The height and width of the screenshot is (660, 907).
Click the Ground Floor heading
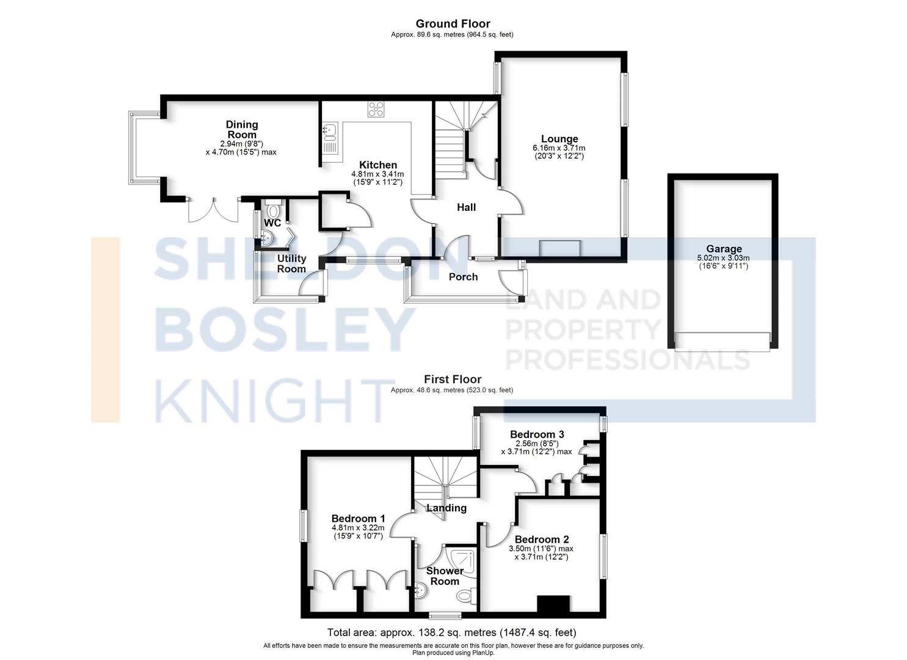tap(453, 24)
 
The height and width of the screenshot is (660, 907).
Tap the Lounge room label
tap(559, 139)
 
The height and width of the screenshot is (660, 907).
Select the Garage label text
tap(724, 249)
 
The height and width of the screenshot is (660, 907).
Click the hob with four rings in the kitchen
tap(376, 109)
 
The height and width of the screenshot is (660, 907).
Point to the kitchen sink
tap(330, 139)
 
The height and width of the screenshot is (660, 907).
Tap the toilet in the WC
tap(273, 208)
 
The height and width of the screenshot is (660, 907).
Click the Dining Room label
tap(242, 130)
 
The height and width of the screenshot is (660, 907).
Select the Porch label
tap(463, 277)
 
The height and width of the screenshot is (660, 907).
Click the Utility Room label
tap(291, 264)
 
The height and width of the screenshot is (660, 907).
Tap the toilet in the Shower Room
tap(466, 596)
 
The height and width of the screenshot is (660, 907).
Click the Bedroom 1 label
tap(358, 519)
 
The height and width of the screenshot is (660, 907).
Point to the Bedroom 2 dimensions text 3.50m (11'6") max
tap(541, 549)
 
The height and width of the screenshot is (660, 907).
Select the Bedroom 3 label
tap(537, 435)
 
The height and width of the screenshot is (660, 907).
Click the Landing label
tap(446, 508)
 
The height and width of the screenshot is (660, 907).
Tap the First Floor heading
tap(453, 380)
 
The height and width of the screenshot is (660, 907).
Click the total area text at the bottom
tap(451, 632)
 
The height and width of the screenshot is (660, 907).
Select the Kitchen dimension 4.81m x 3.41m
tap(377, 174)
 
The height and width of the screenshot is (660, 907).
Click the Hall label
tap(466, 207)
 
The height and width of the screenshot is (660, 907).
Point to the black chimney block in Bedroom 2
tap(553, 603)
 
